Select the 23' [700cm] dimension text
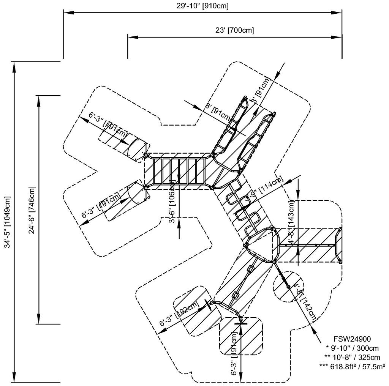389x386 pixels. tap(235, 30)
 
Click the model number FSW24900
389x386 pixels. tap(352, 339)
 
